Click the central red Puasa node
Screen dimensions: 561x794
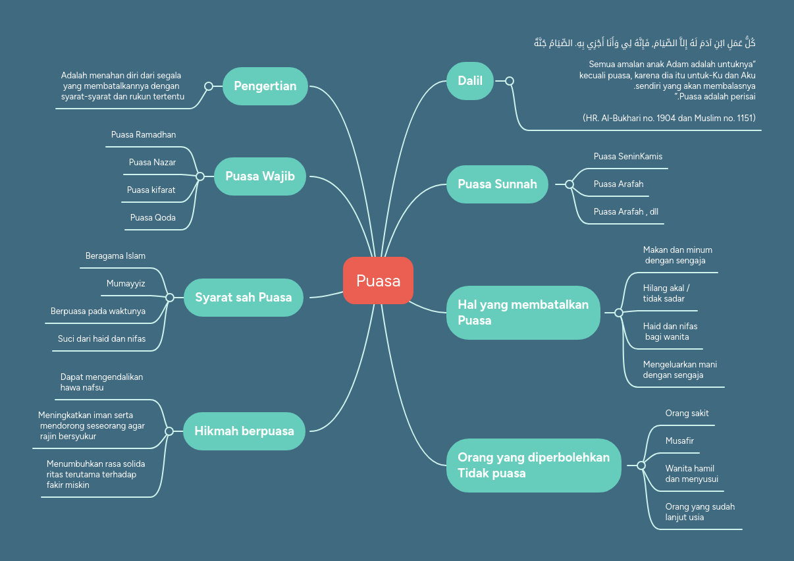click(x=378, y=280)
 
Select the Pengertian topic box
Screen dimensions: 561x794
click(x=265, y=86)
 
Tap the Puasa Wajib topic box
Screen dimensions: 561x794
click(x=260, y=176)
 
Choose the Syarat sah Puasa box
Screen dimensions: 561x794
click(x=243, y=297)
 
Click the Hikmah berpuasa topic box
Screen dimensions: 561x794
click(x=244, y=431)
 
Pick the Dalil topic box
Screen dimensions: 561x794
click(x=470, y=81)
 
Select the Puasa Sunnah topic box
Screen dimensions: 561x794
click(x=497, y=184)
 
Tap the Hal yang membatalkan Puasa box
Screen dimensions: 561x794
click(x=523, y=313)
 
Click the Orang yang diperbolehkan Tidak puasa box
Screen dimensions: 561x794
click(x=533, y=465)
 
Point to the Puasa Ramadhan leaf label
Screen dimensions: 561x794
click(x=144, y=135)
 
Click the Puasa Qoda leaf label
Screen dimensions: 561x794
click(x=153, y=217)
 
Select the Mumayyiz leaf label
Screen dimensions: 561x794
click(x=126, y=283)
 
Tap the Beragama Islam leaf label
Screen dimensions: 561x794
click(x=115, y=255)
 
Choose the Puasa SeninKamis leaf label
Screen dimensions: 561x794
click(x=627, y=157)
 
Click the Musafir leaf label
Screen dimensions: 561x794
click(x=679, y=441)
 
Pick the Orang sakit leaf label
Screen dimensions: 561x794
click(x=687, y=414)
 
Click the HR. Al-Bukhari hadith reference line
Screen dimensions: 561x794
click(x=669, y=118)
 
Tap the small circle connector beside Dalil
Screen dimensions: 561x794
click(x=509, y=81)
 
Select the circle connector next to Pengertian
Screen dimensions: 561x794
click(x=209, y=86)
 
